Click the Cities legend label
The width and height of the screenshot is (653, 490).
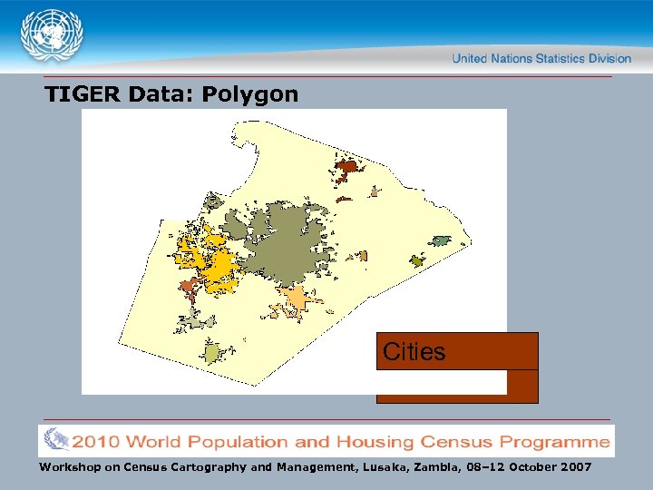414,351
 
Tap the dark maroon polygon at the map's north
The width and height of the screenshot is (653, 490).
347,167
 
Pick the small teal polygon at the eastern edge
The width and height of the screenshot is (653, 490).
440,240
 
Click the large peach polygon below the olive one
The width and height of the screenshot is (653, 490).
296,298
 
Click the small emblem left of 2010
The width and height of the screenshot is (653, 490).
57,442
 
